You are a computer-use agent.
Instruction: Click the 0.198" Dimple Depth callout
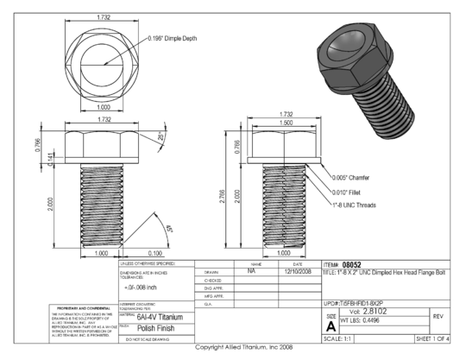pyautogui.click(x=177, y=39)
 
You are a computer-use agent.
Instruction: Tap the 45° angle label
pyautogui.click(x=168, y=230)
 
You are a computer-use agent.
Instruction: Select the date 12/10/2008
pyautogui.click(x=296, y=270)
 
